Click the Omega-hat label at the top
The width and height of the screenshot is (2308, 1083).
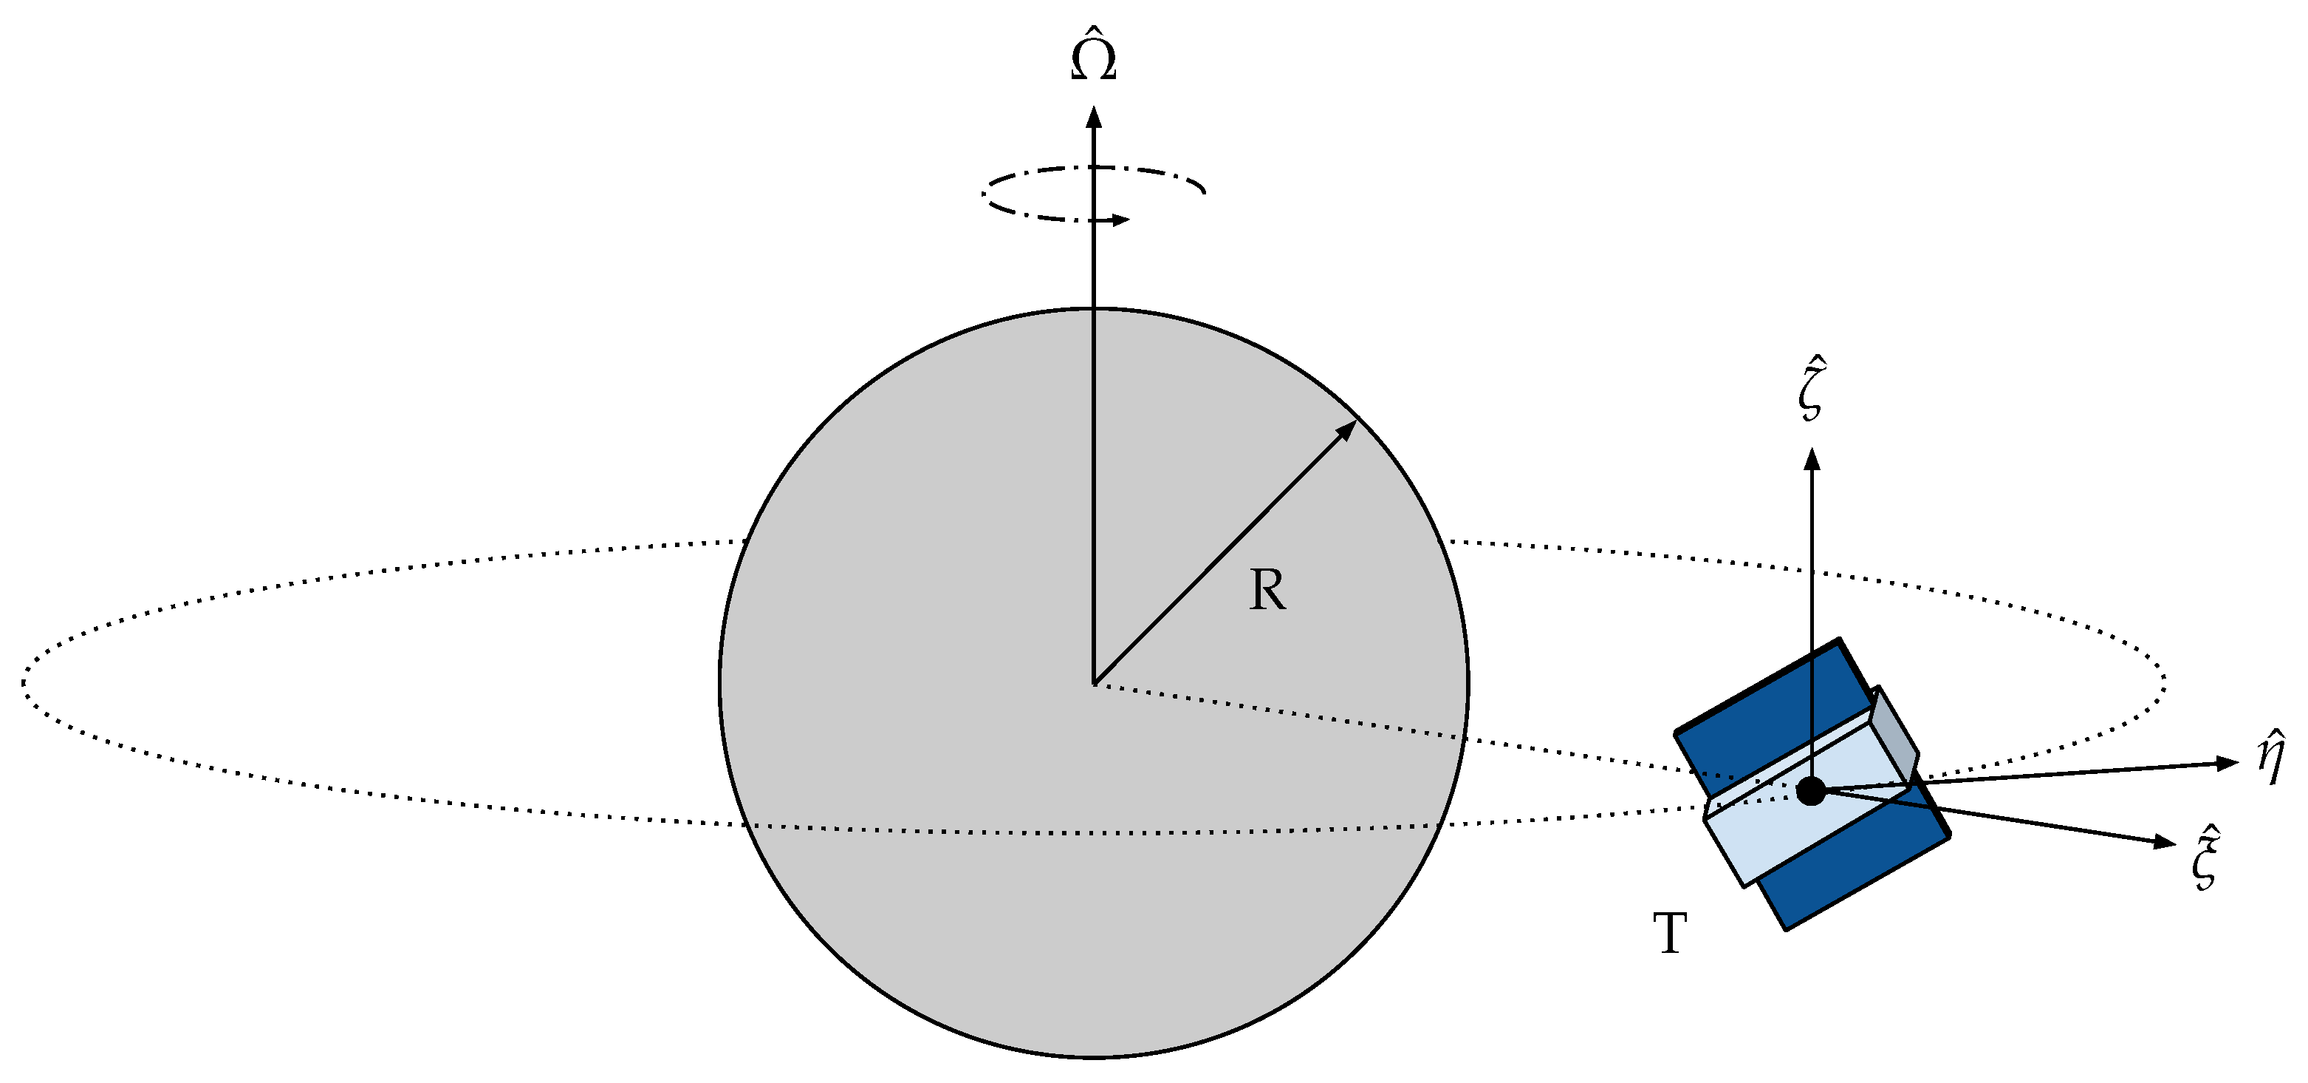(x=1093, y=59)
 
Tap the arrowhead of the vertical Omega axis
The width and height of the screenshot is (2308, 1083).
(x=1093, y=118)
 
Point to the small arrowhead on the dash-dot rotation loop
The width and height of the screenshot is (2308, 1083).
(x=1120, y=219)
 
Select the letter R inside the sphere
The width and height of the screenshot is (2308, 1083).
(x=1267, y=591)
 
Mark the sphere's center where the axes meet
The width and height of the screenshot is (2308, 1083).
(x=1094, y=683)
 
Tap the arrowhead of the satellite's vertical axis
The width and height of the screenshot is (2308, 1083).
(x=1812, y=460)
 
